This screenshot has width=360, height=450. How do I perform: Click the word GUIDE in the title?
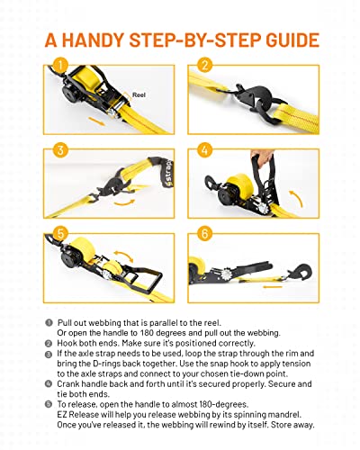click(x=292, y=40)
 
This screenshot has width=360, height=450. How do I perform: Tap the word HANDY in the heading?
click(x=93, y=40)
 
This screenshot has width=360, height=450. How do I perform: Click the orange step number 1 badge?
click(x=60, y=65)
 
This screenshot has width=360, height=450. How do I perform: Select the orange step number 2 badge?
click(x=205, y=65)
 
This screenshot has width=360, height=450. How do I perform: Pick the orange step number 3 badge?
click(x=60, y=150)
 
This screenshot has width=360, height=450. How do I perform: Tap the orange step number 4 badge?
click(x=205, y=150)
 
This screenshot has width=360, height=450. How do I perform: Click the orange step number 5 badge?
click(x=60, y=234)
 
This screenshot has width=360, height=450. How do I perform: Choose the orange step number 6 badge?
click(x=205, y=234)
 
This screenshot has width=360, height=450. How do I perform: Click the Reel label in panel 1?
click(x=139, y=95)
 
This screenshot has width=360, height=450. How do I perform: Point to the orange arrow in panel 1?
click(x=96, y=121)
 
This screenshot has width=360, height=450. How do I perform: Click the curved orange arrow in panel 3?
click(x=124, y=202)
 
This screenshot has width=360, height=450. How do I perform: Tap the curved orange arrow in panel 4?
click(x=296, y=198)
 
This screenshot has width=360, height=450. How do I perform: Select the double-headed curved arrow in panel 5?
click(x=123, y=256)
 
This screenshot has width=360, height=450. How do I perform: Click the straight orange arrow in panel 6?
click(x=273, y=287)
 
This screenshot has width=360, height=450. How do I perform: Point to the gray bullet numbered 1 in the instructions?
click(x=49, y=323)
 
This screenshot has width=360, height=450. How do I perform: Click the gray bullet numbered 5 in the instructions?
click(x=49, y=404)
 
